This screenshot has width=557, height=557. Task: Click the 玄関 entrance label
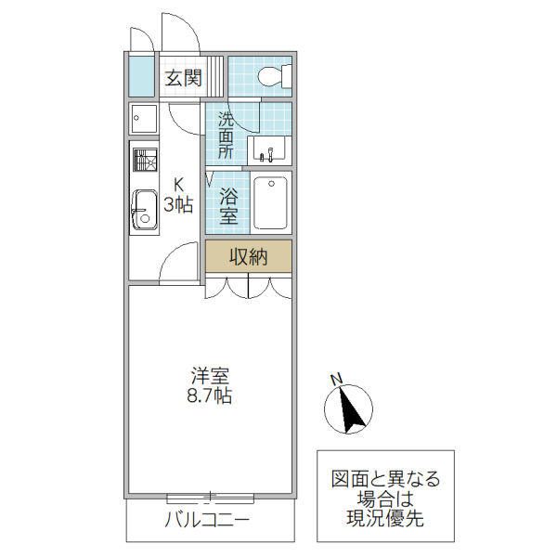[x=184, y=78]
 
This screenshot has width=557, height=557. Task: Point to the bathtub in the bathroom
[x=270, y=203]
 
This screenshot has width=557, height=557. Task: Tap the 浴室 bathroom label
[x=228, y=206]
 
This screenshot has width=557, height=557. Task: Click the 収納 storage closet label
[x=249, y=257]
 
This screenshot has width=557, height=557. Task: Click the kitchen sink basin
[x=144, y=208]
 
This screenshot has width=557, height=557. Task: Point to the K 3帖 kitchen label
[x=178, y=195]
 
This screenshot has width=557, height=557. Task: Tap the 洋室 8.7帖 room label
[x=211, y=386]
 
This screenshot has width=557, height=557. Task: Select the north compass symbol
[x=350, y=408]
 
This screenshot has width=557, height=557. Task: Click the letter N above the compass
[x=338, y=378]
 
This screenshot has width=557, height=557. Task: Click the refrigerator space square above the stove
[x=144, y=118]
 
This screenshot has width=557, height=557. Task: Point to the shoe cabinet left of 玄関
[x=141, y=76]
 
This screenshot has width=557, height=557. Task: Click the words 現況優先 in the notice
[x=386, y=519]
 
